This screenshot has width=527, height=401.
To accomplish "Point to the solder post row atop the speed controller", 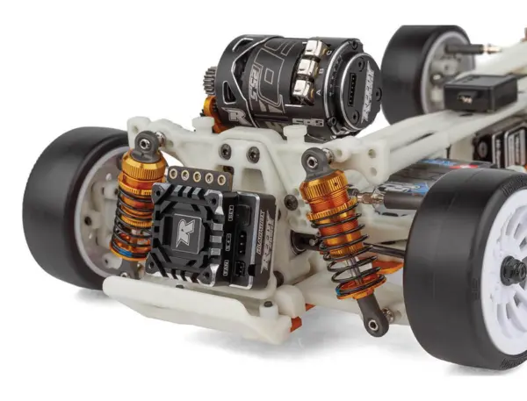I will coord(189,175).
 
